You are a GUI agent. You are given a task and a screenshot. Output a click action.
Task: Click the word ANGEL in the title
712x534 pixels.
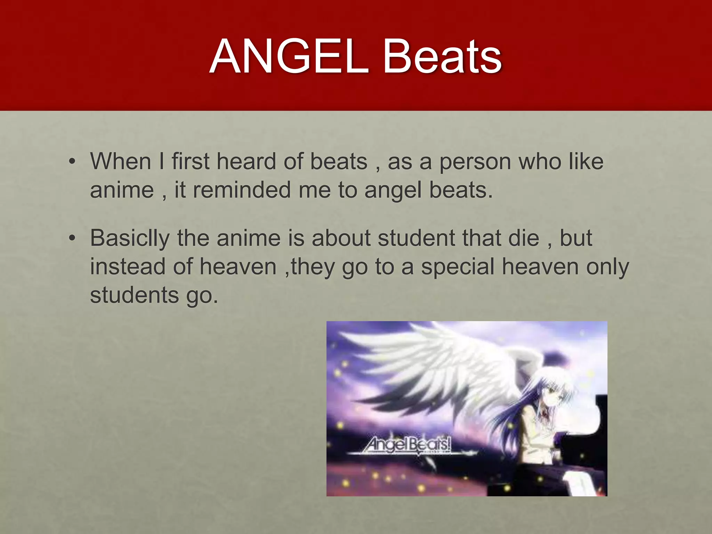tap(288, 57)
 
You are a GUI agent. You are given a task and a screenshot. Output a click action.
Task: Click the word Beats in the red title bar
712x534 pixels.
tap(442, 57)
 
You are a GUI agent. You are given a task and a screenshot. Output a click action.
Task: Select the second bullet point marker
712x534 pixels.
tap(72, 238)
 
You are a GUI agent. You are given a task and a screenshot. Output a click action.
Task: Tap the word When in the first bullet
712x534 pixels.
tap(121, 162)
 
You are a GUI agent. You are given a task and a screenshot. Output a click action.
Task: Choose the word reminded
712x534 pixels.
tap(242, 190)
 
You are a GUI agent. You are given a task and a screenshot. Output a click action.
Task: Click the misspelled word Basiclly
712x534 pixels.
tap(130, 239)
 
